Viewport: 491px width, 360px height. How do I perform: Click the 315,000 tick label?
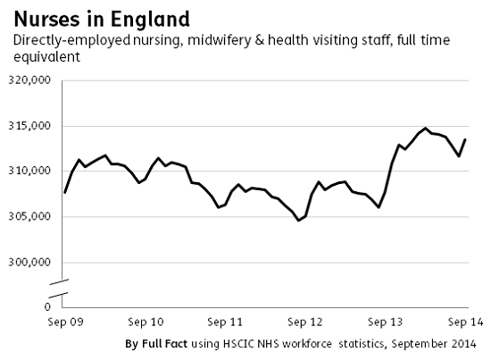[x=30, y=126]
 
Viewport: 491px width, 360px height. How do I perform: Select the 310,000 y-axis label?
[x=30, y=172]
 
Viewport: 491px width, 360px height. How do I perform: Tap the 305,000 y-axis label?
[x=30, y=217]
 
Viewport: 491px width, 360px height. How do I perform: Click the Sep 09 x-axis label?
[x=65, y=321]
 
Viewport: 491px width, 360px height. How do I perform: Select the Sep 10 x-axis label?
[x=146, y=321]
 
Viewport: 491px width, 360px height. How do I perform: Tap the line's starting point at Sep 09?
[x=65, y=192]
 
